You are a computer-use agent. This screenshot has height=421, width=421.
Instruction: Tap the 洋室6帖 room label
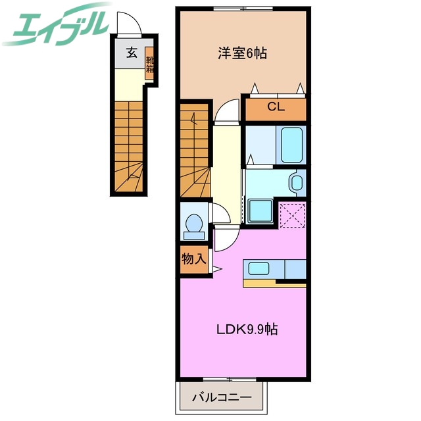pyautogui.click(x=242, y=54)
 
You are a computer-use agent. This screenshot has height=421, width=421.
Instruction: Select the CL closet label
pyautogui.click(x=276, y=109)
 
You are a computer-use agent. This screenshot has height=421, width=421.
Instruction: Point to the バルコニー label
pyautogui.click(x=222, y=397)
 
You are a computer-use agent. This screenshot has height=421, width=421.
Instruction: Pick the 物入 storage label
pyautogui.click(x=193, y=259)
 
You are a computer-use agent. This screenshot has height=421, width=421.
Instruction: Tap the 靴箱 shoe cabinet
pyautogui.click(x=150, y=63)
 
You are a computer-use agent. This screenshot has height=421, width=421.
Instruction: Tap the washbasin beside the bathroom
pyautogui.click(x=297, y=182)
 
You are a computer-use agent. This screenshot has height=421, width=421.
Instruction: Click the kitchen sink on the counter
pyautogui.click(x=260, y=270)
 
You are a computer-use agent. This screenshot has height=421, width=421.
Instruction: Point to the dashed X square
pyautogui.click(x=291, y=214)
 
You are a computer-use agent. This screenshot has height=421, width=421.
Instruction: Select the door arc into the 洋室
pyautogui.click(x=228, y=110)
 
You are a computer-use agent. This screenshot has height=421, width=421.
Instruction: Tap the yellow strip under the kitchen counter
pyautogui.click(x=274, y=284)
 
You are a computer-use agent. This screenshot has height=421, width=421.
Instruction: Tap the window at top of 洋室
pyautogui.click(x=241, y=8)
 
